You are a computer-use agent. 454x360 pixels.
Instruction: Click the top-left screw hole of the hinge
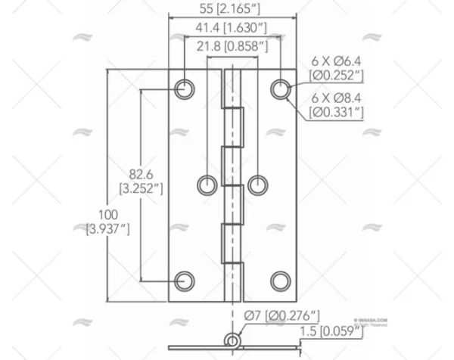(x=184, y=89)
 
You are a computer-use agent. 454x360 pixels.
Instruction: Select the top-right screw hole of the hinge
(x=281, y=89)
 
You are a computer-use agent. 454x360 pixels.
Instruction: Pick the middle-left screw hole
(x=207, y=184)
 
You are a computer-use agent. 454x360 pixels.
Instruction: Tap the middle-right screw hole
(x=258, y=184)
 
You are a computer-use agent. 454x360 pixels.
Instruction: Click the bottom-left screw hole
(x=184, y=281)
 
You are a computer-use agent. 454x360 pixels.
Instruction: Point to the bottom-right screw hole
(x=281, y=281)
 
